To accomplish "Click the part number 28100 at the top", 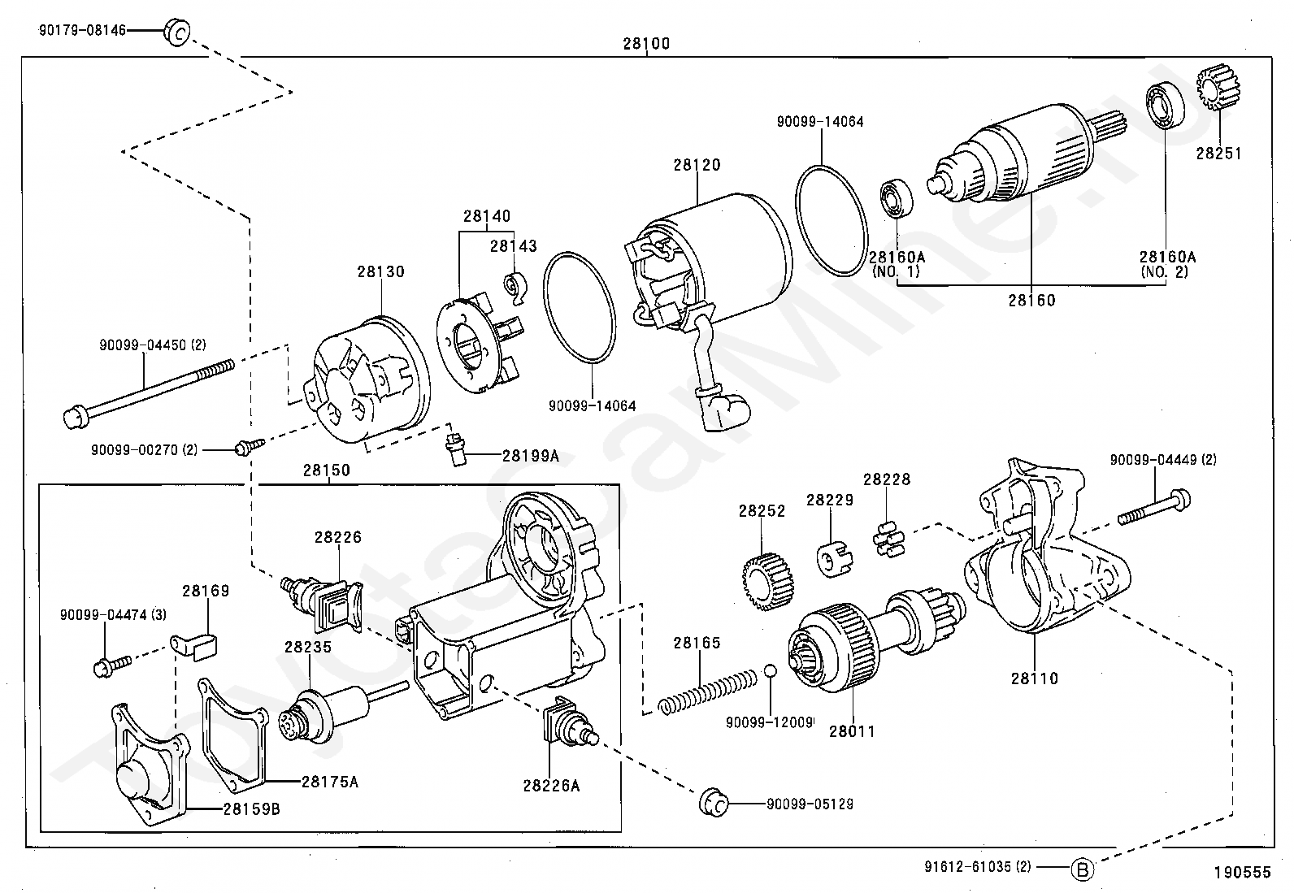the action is (x=646, y=43).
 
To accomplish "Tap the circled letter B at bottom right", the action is (x=1082, y=869).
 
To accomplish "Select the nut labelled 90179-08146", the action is (x=177, y=33).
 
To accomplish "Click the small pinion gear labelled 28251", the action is (x=1218, y=89).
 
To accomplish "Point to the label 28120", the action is (x=697, y=165).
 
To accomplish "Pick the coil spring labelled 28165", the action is (x=708, y=691).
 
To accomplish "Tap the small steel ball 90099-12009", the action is (x=770, y=670).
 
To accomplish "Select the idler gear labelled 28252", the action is (x=767, y=581).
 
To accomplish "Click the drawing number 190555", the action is (x=1242, y=872).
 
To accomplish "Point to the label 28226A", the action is (x=551, y=786).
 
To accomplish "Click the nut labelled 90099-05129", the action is (x=714, y=802).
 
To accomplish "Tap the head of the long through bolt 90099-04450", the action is (x=75, y=417).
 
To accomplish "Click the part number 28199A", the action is (x=530, y=456).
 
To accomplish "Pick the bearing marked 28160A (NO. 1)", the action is (x=896, y=199).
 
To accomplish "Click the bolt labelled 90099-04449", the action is (x=1153, y=507).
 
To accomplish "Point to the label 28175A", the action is (x=330, y=782).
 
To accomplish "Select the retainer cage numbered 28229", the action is (x=834, y=558).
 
